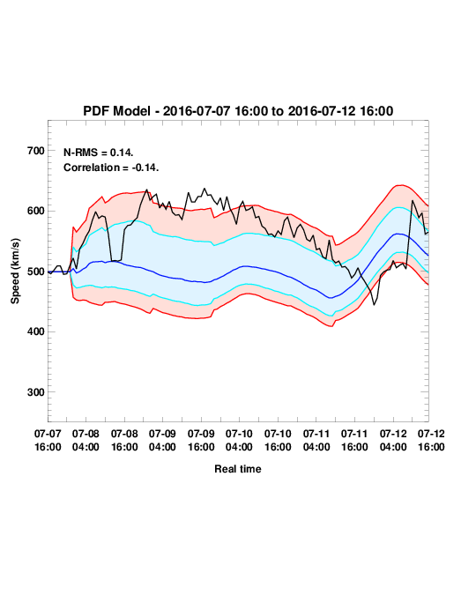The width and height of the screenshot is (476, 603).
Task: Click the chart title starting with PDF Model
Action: coord(238,111)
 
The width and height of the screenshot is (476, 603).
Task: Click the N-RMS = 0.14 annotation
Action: coord(99,153)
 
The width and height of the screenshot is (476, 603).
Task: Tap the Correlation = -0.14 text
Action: coord(111,167)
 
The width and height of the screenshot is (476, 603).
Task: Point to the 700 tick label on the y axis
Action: coord(36,151)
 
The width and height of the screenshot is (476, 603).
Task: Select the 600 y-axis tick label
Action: coord(36,211)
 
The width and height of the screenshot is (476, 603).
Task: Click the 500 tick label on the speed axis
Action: coord(36,272)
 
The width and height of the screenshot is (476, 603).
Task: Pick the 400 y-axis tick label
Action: coord(36,331)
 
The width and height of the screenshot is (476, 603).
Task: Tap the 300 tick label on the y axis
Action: coord(36,392)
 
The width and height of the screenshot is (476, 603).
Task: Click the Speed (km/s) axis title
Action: coord(15,272)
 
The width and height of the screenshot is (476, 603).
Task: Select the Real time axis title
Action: coord(238,469)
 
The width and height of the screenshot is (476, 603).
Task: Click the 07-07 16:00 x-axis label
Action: coord(48,440)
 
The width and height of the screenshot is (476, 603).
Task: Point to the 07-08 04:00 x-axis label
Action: coord(86,440)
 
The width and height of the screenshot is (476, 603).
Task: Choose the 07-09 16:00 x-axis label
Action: coord(201,440)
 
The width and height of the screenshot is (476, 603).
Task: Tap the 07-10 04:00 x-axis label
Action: coord(239,440)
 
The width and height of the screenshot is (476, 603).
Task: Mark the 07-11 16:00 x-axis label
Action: coord(354,440)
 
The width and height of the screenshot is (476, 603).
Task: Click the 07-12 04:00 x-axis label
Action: coord(393,440)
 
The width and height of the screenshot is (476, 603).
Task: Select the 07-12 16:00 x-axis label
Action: coord(431,440)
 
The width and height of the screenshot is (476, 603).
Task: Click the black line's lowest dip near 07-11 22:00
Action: coord(374,305)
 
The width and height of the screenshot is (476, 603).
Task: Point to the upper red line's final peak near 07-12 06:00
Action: coord(401,185)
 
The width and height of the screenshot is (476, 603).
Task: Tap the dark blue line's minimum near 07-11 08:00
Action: coord(330,298)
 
